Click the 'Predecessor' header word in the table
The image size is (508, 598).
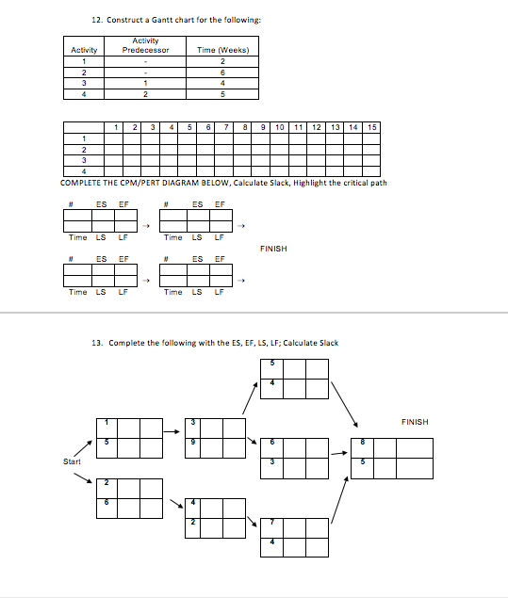[146, 50]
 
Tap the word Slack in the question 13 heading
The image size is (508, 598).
[323, 343]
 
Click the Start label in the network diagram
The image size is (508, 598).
[72, 461]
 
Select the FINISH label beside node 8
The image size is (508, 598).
[414, 422]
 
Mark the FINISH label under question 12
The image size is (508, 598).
[273, 249]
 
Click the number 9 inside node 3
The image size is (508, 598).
[192, 443]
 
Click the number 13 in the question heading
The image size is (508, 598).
[95, 343]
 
